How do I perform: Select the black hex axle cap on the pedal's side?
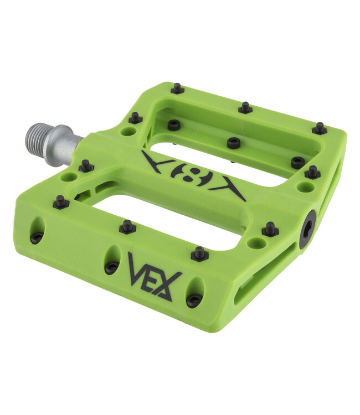pos(307,229)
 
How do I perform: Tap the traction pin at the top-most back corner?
pos(177,89)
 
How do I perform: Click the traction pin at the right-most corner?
pos(319,128)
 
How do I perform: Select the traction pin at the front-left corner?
pos(61,202)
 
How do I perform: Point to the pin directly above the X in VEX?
pos(200,253)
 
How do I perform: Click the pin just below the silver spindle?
pos(86,165)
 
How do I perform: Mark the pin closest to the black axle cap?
pos(270,229)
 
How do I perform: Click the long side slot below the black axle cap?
pos(266,277)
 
